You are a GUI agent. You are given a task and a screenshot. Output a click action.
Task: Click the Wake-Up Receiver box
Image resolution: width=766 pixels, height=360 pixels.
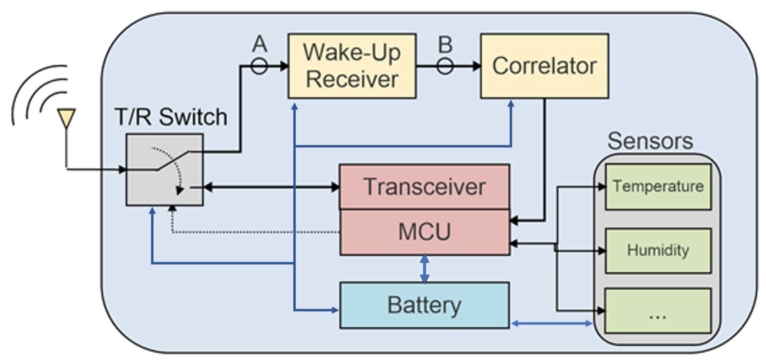pos(352,66)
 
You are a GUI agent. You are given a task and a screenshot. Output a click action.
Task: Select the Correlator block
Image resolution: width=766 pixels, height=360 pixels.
pos(544,66)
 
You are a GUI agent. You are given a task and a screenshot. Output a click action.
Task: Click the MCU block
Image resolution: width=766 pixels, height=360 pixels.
pos(424,232)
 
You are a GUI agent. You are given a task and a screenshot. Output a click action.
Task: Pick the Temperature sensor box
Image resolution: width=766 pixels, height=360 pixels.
pos(658,186)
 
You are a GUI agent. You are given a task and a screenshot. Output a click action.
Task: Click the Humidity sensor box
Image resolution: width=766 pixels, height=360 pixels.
pos(658,250)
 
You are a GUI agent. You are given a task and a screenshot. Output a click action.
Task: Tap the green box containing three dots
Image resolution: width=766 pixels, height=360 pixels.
pos(658,311)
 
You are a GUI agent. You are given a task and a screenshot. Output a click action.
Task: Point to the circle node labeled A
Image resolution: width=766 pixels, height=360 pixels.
pos(259,66)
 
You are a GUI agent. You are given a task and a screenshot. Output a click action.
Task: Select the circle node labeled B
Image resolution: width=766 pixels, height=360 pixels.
pos(445,66)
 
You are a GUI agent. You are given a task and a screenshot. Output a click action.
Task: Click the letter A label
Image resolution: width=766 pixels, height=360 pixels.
pos(259,44)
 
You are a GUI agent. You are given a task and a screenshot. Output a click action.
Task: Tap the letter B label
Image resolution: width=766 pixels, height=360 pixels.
pos(445,44)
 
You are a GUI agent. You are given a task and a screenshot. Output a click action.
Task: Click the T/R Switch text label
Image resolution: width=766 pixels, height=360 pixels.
pos(171,117)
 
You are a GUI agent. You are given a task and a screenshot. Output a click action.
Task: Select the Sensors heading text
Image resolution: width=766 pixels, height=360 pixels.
pos(650,141)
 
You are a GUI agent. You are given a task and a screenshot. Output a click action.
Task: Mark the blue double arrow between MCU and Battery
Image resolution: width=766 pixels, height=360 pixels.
pos(425,269)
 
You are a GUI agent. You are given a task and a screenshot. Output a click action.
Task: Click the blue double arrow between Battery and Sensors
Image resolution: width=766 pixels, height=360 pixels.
pos(552,324)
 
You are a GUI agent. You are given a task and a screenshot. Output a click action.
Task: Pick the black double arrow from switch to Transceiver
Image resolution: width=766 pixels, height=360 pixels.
pos(271,187)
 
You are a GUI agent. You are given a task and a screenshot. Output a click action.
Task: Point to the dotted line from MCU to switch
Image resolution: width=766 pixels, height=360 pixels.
pos(256,232)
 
